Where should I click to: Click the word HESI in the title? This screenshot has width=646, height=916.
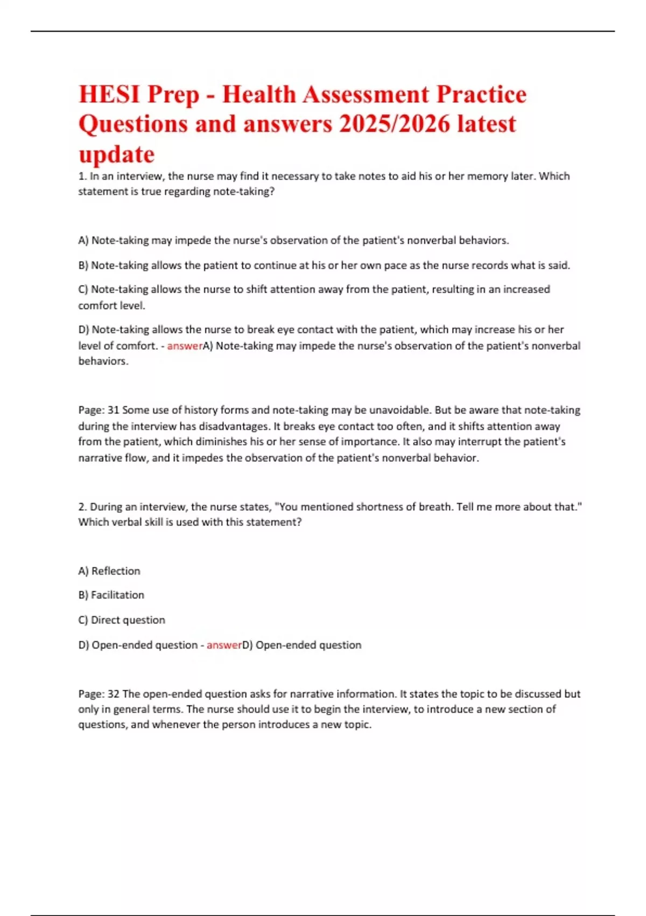pos(109,95)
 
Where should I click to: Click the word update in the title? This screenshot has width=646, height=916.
pos(116,155)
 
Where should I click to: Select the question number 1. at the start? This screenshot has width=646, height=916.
pos(82,176)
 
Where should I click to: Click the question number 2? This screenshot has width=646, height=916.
pos(82,507)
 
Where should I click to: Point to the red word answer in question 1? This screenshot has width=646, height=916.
pos(185,346)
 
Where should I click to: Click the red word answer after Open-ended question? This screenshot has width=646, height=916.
pos(224,645)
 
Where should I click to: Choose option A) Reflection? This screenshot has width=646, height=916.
pos(109,571)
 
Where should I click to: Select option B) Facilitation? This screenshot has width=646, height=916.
pos(111,595)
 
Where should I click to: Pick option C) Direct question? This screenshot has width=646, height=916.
pos(122,620)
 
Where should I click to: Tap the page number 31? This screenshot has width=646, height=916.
pos(113,410)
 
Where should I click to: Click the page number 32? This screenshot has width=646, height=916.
pos(113,694)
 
